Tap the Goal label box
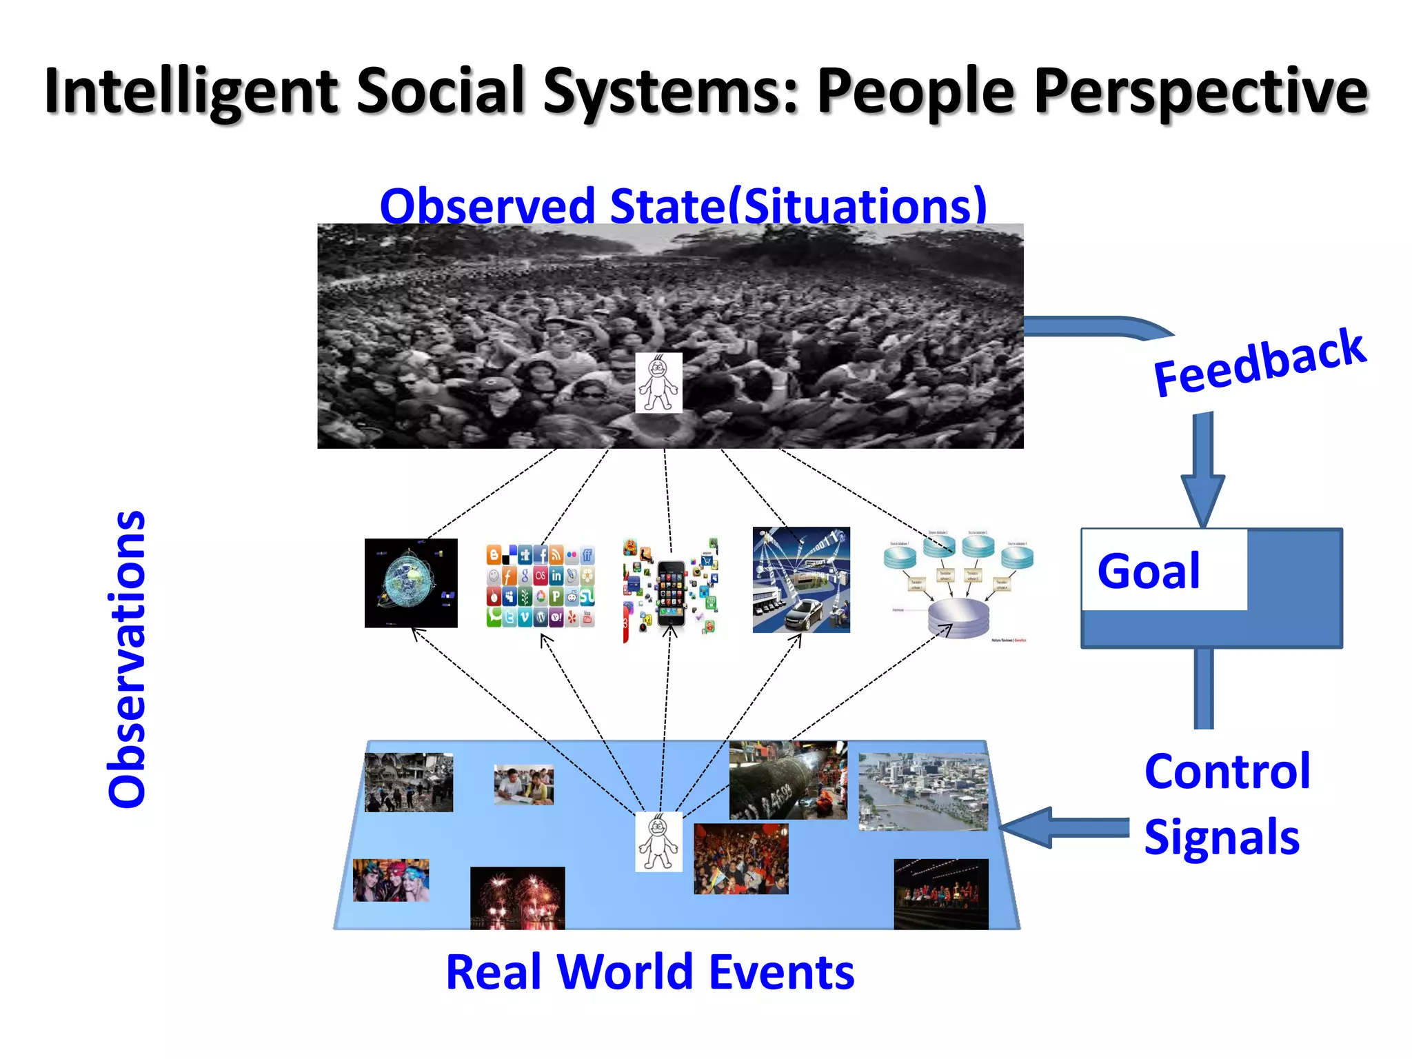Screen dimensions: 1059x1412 pyautogui.click(x=1164, y=571)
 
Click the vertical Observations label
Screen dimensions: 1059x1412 pyautogui.click(x=127, y=659)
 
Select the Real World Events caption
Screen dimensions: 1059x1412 pyautogui.click(x=650, y=972)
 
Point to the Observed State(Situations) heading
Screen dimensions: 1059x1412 pyautogui.click(x=683, y=205)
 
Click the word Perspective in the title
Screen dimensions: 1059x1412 pyautogui.click(x=1200, y=92)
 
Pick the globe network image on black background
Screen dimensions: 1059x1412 pyautogui.click(x=411, y=583)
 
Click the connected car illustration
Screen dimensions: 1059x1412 pyautogui.click(x=801, y=581)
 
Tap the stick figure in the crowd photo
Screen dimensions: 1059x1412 pyautogui.click(x=658, y=383)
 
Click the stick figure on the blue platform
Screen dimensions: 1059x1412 pyautogui.click(x=658, y=842)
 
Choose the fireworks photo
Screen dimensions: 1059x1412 pyautogui.click(x=517, y=898)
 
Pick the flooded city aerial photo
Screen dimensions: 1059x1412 pyautogui.click(x=923, y=791)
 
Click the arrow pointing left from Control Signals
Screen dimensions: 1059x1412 pyautogui.click(x=1062, y=827)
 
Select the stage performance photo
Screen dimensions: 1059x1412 pyautogui.click(x=941, y=894)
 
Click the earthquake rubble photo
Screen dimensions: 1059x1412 pyautogui.click(x=409, y=782)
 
